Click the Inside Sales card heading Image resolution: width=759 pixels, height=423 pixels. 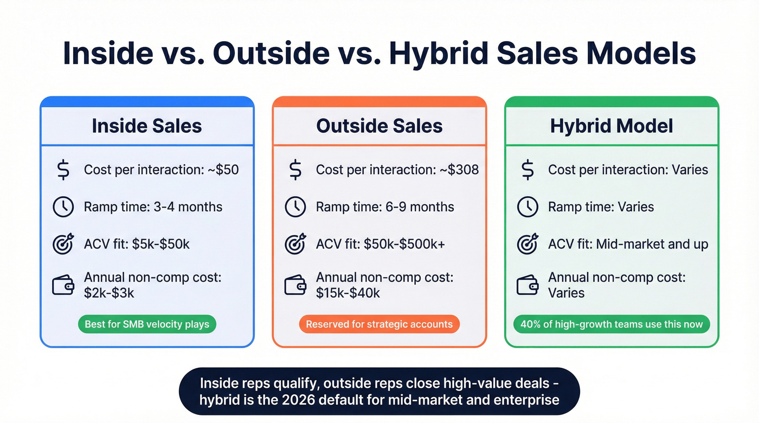click(x=147, y=126)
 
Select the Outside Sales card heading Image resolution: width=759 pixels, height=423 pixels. click(x=379, y=126)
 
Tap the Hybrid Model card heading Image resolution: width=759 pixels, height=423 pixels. click(x=612, y=126)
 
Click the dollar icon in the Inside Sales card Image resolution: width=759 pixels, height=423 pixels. click(x=63, y=170)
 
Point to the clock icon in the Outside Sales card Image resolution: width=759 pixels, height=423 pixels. click(x=295, y=207)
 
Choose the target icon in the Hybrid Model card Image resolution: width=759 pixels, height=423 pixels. click(x=528, y=244)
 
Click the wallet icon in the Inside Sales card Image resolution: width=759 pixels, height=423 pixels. click(x=63, y=285)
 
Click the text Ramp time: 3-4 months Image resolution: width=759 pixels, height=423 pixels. click(x=153, y=207)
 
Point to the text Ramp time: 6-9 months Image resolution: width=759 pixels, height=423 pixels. click(x=385, y=207)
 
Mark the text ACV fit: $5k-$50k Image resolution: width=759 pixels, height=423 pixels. click(x=137, y=244)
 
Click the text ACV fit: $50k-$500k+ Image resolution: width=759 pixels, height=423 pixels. click(x=381, y=244)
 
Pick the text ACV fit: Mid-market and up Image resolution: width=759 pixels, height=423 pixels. click(x=628, y=244)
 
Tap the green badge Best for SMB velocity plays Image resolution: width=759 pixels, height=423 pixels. click(x=146, y=324)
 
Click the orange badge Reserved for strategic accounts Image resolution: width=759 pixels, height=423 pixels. click(x=379, y=324)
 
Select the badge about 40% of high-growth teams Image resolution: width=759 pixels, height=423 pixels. click(x=611, y=324)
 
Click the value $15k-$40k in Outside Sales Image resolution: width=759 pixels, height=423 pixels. click(x=348, y=293)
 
